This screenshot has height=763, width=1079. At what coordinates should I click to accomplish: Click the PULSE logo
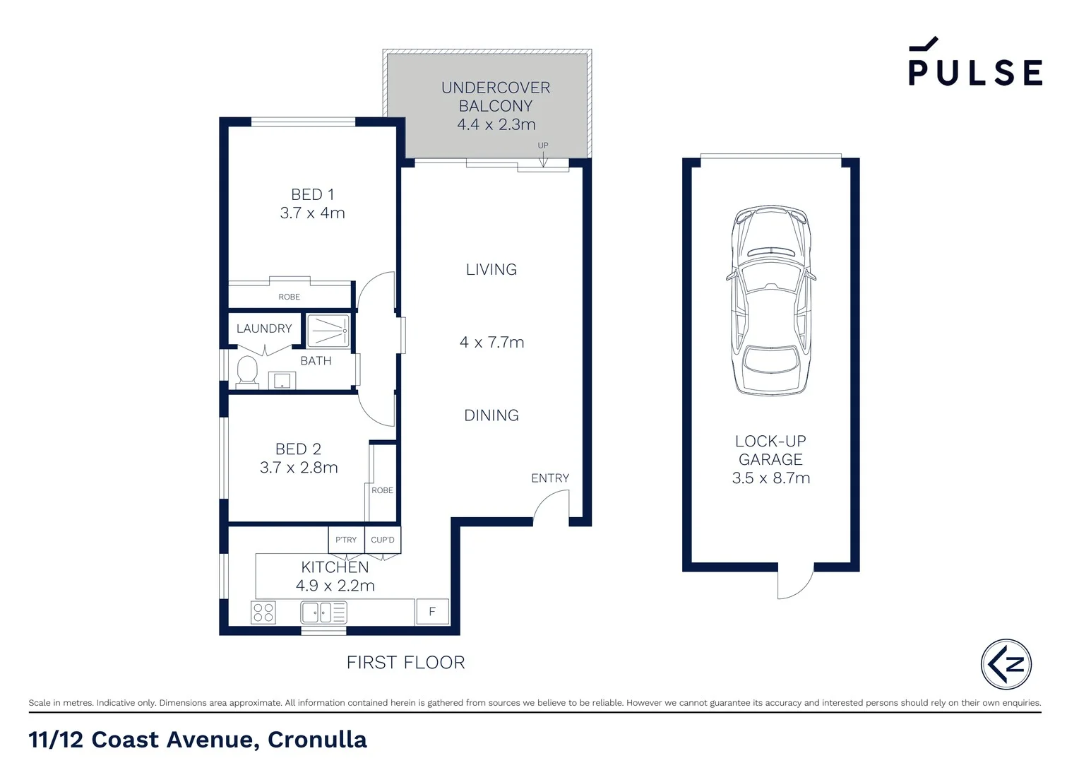[975, 61]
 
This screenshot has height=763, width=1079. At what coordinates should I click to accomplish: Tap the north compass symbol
[1006, 664]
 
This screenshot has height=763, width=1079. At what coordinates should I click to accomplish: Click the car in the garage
[770, 300]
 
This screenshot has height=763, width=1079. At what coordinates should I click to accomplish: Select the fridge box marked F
[432, 612]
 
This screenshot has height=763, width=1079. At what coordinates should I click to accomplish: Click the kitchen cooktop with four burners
[263, 612]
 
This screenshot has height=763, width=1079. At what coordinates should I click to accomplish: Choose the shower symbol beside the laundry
[328, 331]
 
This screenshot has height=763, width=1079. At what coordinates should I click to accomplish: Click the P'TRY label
[346, 540]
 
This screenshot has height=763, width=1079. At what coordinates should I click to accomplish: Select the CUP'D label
[383, 540]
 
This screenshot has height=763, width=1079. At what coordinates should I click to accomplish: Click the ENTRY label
[550, 478]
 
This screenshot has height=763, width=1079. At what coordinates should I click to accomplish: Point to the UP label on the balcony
[543, 145]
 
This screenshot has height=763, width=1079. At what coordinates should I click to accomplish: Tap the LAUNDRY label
[264, 329]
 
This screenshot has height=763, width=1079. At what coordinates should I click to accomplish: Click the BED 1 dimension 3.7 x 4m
[312, 213]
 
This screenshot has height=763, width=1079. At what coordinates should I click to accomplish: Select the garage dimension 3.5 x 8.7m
[770, 478]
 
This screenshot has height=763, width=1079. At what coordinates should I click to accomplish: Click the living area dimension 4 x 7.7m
[491, 342]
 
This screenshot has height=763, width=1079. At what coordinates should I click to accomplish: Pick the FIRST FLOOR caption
[405, 662]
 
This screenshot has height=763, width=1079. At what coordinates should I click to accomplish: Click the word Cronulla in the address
[317, 740]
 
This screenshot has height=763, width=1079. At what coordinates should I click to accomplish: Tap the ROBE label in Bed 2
[382, 490]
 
